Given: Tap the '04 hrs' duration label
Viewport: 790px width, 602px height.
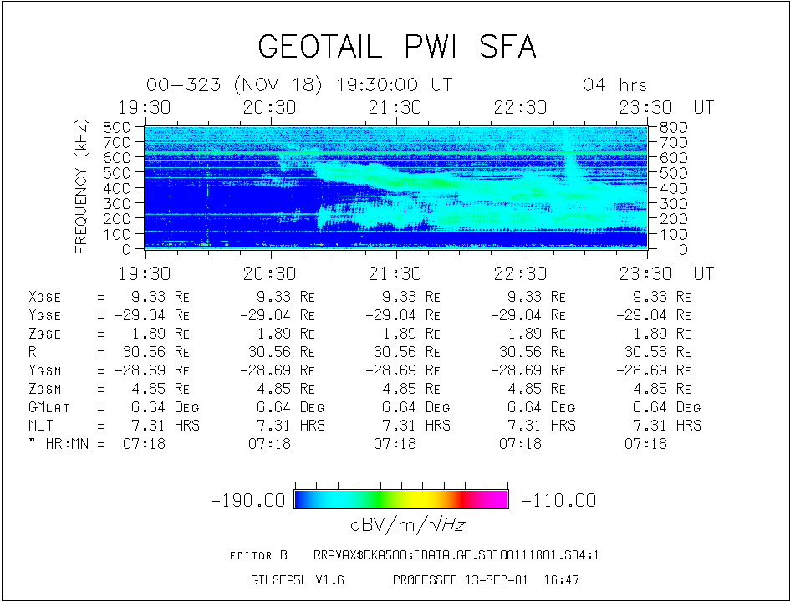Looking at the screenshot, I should [x=614, y=85].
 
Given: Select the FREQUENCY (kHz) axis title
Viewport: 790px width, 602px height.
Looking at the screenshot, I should [x=81, y=186].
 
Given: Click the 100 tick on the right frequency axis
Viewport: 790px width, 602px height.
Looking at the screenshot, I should [x=672, y=234].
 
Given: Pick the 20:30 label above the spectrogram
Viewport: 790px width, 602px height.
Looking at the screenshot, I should [x=270, y=107].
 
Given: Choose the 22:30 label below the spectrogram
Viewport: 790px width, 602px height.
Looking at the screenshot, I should [x=521, y=273].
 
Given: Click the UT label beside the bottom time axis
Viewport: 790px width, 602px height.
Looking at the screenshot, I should [x=704, y=273].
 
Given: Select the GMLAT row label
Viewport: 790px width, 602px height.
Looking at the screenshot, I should [x=48, y=407].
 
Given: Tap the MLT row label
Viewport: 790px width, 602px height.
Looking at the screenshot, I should [x=41, y=426].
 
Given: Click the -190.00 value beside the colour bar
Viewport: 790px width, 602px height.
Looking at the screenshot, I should [x=249, y=500].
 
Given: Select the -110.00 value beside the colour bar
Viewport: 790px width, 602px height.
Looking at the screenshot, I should [x=558, y=500].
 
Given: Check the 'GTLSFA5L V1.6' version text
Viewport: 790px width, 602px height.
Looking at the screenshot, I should [x=297, y=579].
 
